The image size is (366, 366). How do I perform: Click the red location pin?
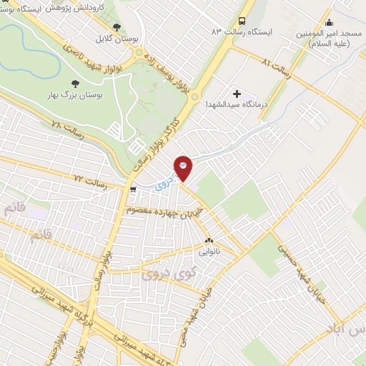coord(183,167)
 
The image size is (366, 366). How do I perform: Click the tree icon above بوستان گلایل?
coord(117,28)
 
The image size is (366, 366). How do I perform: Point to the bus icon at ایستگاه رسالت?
coord(243,21)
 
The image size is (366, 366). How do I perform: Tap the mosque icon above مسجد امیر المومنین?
coord(328,21)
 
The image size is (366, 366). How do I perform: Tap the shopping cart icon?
coord(133,189)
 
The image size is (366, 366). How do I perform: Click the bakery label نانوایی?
coord(209,252)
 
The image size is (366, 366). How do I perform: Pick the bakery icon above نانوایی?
coord(209,240)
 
